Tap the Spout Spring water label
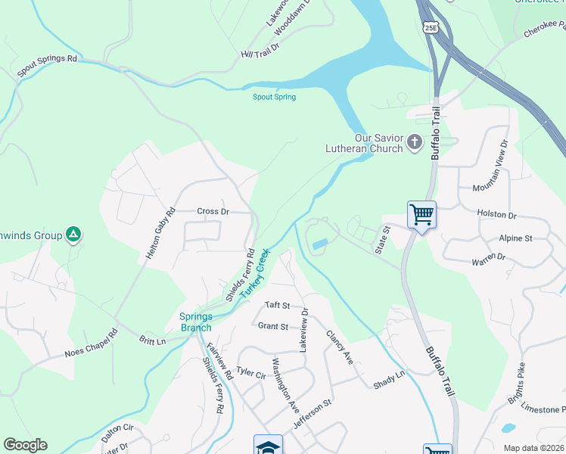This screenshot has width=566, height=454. tap(274, 97)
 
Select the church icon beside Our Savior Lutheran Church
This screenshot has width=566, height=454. tap(414, 141)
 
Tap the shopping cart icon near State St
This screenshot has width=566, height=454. tap(421, 214)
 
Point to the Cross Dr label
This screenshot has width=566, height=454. tap(213, 211)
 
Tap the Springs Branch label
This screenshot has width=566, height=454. tap(196, 322)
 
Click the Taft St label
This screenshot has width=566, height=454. tap(277, 305)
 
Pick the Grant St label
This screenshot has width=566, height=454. tap(273, 326)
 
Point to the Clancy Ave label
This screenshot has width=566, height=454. tap(339, 345)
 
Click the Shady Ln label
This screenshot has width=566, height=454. tap(389, 379)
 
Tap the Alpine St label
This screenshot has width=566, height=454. tap(515, 238)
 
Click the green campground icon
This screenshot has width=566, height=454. tap(73, 235)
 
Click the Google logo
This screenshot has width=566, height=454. tap(25, 445)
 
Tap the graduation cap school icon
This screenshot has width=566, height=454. tap(268, 446)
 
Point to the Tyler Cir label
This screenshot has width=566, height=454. tap(251, 372)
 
